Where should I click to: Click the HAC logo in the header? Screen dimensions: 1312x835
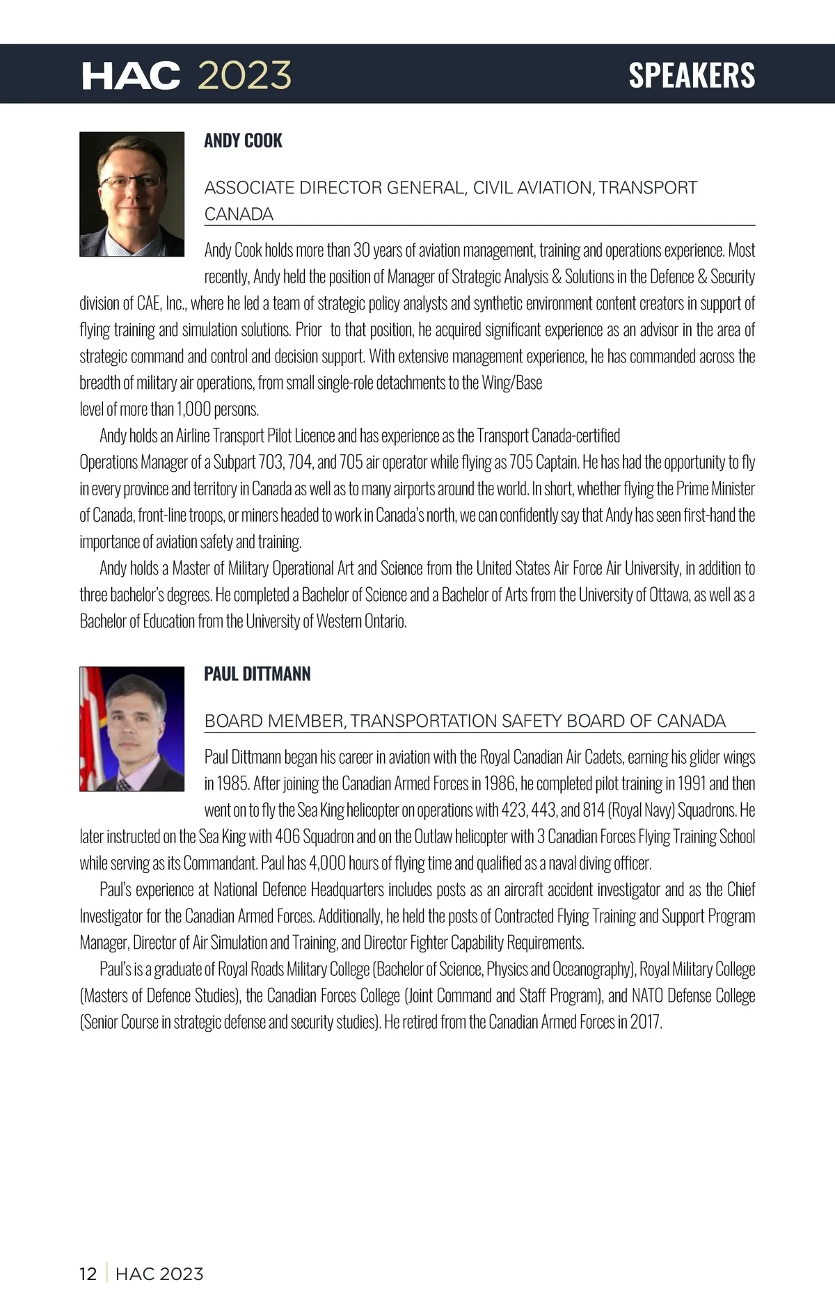(x=131, y=75)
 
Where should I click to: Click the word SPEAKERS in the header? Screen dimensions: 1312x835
(x=692, y=75)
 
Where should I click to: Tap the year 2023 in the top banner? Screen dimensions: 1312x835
(x=244, y=75)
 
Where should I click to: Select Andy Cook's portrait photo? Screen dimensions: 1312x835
(x=132, y=194)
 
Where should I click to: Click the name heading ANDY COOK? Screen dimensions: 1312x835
(x=243, y=141)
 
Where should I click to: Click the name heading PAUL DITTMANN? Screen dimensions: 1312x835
(x=257, y=674)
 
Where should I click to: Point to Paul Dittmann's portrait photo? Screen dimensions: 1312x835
(x=132, y=729)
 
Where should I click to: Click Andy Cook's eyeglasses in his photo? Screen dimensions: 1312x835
(x=130, y=182)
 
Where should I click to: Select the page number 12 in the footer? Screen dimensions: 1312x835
(x=88, y=1274)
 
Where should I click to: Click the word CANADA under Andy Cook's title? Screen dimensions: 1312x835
(x=239, y=214)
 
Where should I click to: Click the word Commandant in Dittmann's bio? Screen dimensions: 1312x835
(x=220, y=863)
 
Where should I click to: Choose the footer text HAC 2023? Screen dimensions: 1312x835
(x=159, y=1274)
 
